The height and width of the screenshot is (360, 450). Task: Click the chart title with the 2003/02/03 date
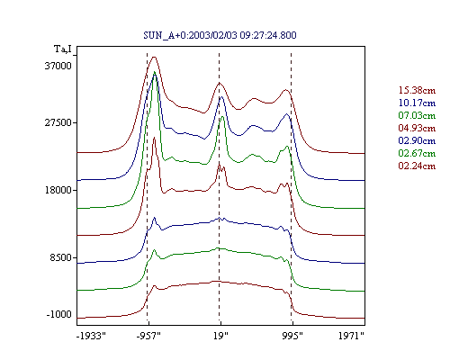pos(220,35)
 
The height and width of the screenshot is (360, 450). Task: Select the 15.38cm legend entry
pos(417,90)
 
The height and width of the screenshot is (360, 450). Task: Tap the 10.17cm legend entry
pos(417,103)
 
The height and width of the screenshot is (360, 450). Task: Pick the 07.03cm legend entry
pos(417,115)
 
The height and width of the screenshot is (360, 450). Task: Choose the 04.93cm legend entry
pos(417,128)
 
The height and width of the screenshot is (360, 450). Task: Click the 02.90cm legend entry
pos(417,140)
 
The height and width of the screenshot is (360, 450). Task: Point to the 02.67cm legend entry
pos(417,153)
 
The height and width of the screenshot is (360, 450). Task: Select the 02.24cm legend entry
pos(417,166)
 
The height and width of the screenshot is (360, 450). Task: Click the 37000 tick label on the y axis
pos(58,66)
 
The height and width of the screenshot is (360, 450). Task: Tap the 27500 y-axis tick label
pos(58,122)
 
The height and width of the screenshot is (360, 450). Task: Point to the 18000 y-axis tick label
pos(58,190)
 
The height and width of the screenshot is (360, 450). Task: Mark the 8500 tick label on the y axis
pos(61,257)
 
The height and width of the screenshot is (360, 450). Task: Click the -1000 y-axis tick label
pos(59,314)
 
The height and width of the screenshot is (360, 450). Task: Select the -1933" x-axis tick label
pos(92,336)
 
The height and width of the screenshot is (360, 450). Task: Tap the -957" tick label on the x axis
pos(148,336)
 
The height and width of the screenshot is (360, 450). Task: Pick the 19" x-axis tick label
pos(220,336)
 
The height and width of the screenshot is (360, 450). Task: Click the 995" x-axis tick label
pos(292,336)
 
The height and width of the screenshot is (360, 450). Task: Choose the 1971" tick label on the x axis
pos(351,336)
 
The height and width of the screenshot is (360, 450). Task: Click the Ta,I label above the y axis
pos(63,49)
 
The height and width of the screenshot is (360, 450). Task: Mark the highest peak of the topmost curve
pos(154,57)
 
